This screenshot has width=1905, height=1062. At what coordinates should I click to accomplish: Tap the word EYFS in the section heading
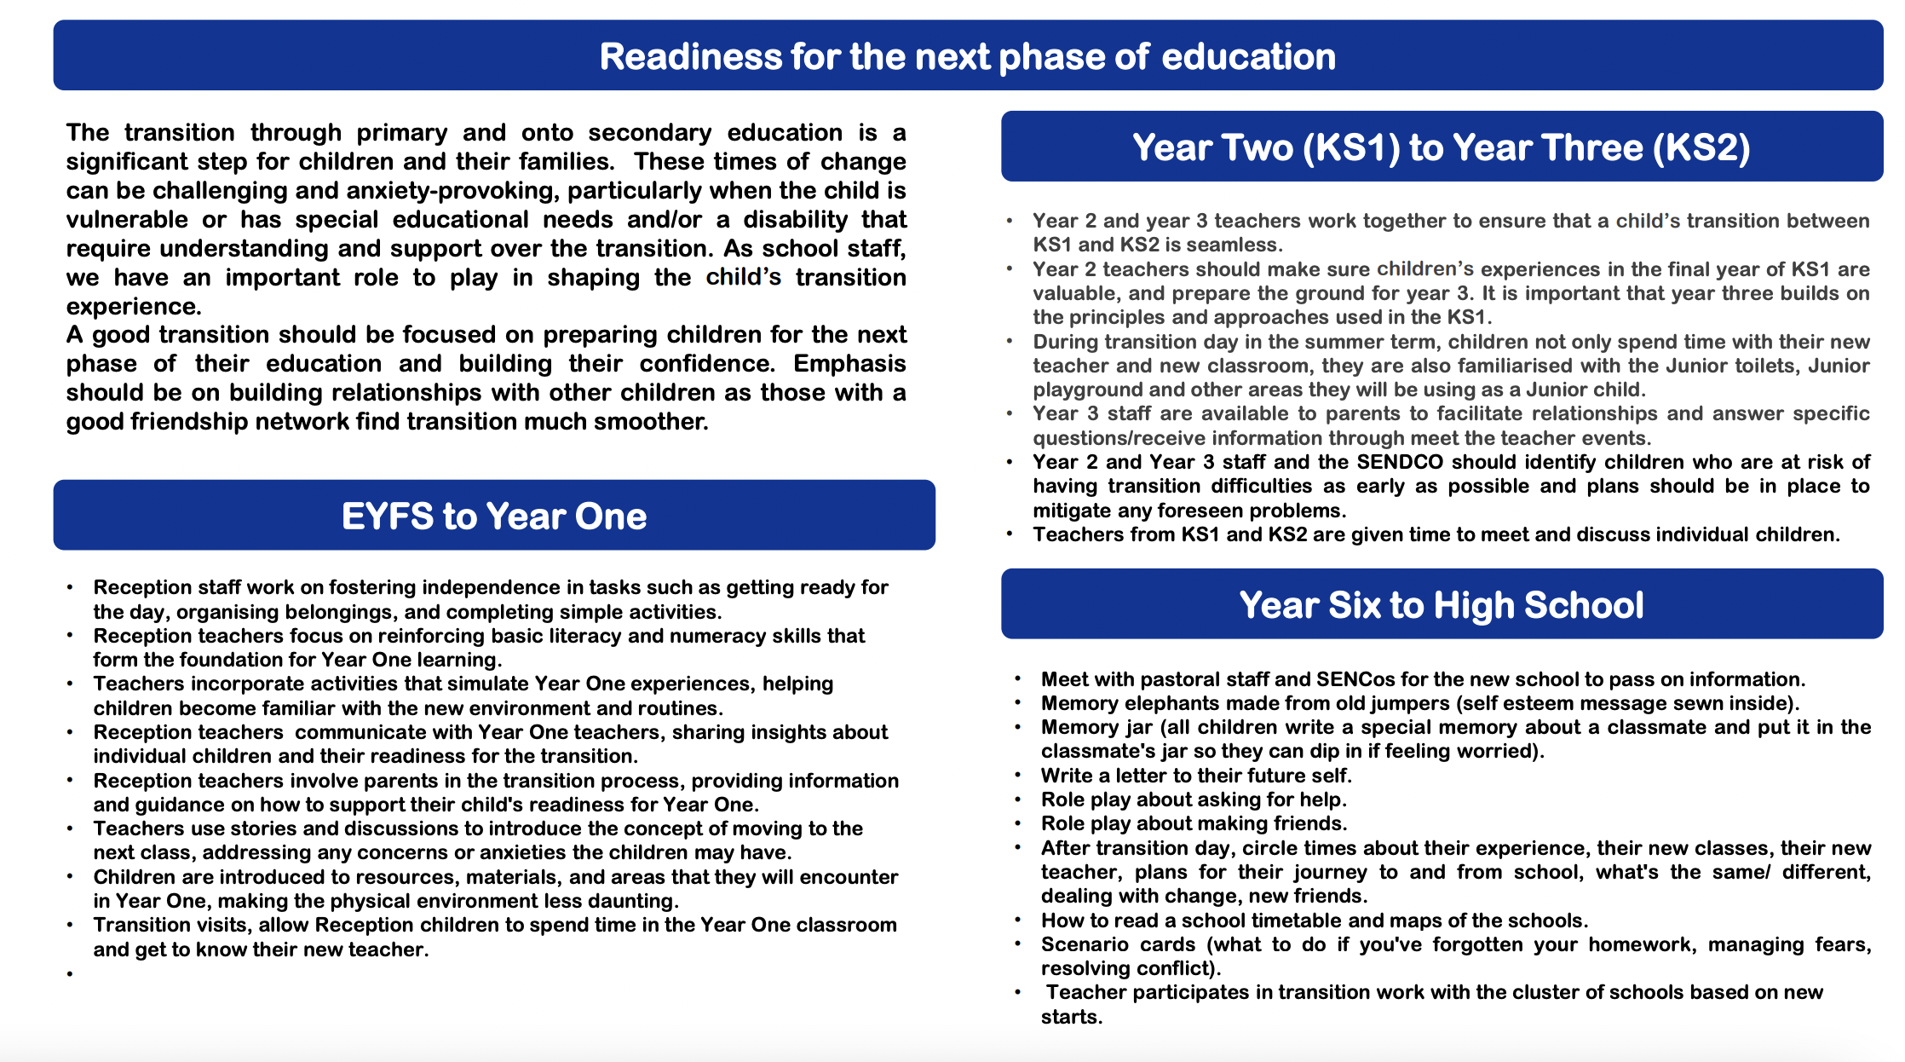[387, 517]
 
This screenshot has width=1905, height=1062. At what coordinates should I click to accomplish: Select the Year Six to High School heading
[1441, 605]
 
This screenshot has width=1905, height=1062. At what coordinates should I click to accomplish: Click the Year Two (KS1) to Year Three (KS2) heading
[1441, 147]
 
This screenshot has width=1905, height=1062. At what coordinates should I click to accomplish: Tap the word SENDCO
[1400, 462]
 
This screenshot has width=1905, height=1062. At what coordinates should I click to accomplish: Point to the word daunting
[635, 901]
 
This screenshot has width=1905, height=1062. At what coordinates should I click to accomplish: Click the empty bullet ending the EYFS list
[70, 973]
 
